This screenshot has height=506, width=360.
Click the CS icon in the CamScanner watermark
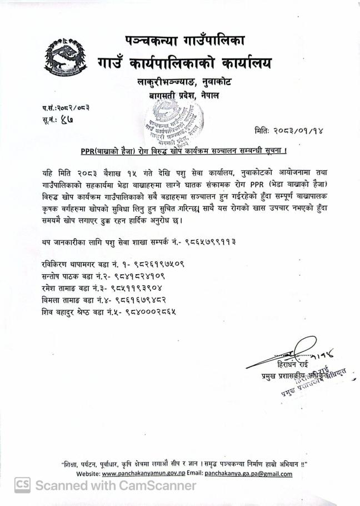pyautogui.click(x=22, y=485)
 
